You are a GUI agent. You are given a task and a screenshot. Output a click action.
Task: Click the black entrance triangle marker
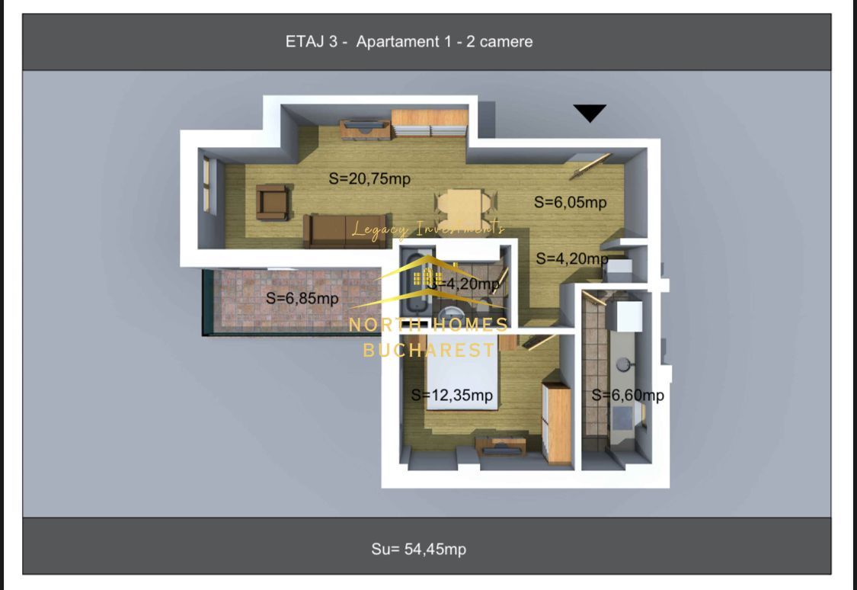[590, 113]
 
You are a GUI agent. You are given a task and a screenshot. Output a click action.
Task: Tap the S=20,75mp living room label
[369, 179]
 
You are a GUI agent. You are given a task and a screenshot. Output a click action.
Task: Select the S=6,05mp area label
[570, 203]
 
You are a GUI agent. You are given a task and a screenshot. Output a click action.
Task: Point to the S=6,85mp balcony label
[302, 299]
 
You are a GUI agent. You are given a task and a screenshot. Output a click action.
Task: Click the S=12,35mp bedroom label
[452, 396]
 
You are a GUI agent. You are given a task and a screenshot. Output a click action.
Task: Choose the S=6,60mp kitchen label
[628, 395]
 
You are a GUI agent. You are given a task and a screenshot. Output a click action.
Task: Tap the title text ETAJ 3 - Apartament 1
[409, 41]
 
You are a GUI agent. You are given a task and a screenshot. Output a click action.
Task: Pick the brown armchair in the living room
[272, 202]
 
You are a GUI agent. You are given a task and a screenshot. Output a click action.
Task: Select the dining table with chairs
[463, 204]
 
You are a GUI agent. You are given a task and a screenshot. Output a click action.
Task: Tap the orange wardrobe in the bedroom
[558, 423]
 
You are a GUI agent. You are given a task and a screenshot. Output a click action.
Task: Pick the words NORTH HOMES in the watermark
[428, 325]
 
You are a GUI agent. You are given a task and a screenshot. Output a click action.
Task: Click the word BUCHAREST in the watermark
[428, 350]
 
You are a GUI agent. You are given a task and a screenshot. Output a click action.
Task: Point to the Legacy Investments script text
[427, 229]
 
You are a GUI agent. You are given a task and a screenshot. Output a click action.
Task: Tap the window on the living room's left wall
[206, 184]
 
